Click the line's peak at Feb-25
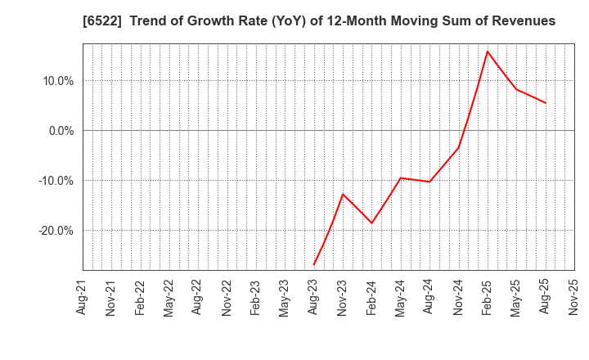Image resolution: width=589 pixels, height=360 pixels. click(488, 52)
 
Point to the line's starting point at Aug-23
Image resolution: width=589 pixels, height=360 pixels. click(314, 264)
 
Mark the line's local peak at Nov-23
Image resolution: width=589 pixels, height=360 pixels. click(343, 194)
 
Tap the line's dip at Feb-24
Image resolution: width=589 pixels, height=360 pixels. click(372, 223)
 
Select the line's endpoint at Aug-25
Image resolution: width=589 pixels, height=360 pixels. click(546, 103)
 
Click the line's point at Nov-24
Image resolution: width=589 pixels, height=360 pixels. click(459, 147)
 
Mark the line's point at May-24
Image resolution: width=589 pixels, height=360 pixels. click(401, 178)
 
